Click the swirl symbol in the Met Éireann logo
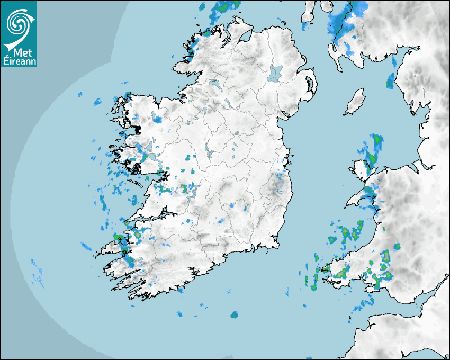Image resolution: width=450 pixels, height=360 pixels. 19,23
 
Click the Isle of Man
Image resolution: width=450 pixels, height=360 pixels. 355,102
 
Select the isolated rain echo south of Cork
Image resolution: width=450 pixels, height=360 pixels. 234,314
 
